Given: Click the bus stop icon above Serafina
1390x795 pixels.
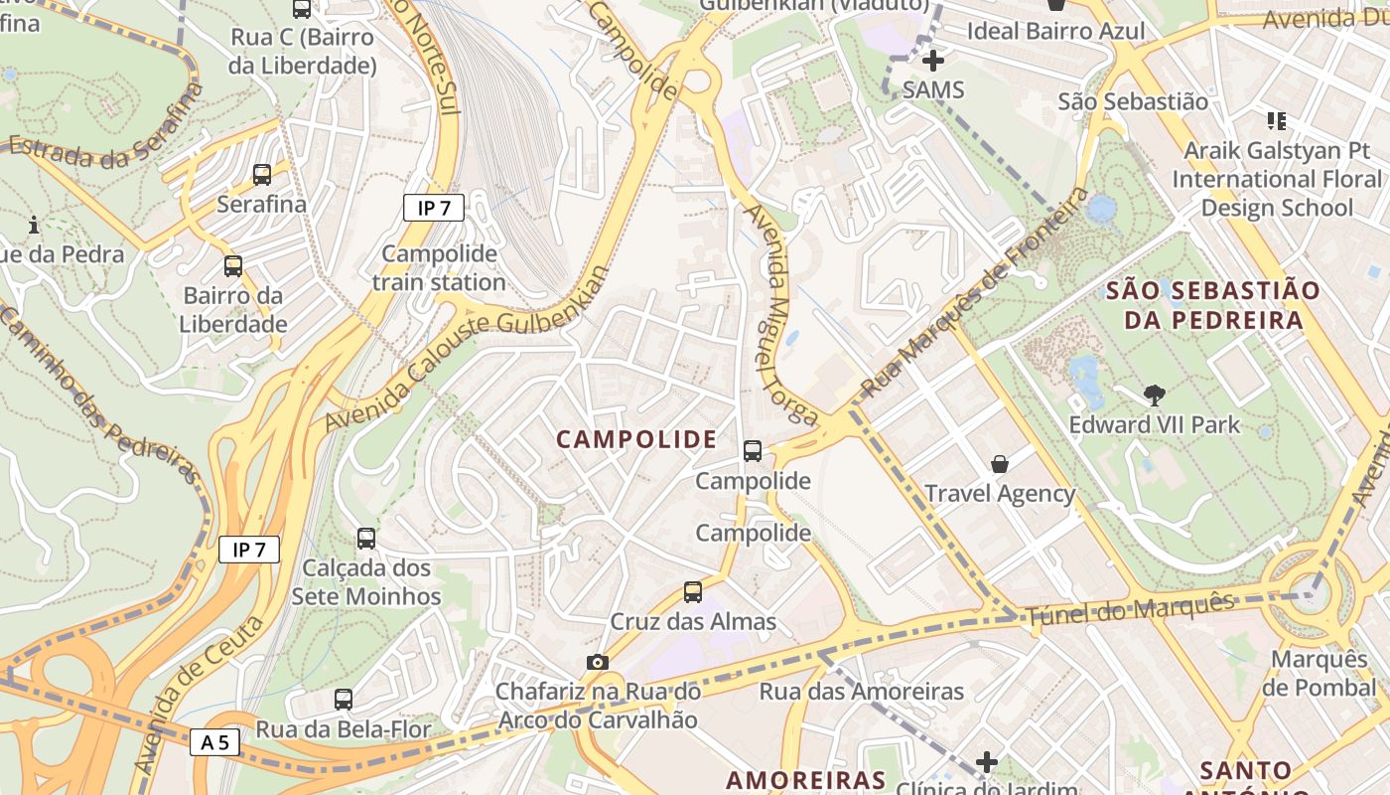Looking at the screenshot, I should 262,175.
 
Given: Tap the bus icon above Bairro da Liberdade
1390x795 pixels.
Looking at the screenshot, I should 233,266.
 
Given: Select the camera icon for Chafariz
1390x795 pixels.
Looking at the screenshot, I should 597,662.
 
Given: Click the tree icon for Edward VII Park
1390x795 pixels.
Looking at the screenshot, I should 1154,396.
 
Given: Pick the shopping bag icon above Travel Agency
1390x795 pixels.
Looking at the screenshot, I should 1000,464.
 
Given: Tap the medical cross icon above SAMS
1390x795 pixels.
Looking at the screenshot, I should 932,61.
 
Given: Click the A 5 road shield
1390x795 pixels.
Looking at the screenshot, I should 214,741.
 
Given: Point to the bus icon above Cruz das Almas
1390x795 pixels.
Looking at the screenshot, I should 693,592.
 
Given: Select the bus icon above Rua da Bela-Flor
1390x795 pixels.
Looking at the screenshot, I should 344,700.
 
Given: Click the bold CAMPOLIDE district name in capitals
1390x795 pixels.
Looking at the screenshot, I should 636,439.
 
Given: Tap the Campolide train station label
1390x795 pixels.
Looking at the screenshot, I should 439,268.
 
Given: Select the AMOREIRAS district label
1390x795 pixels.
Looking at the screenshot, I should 805,779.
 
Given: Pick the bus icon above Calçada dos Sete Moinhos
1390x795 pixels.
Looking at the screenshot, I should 366,539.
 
